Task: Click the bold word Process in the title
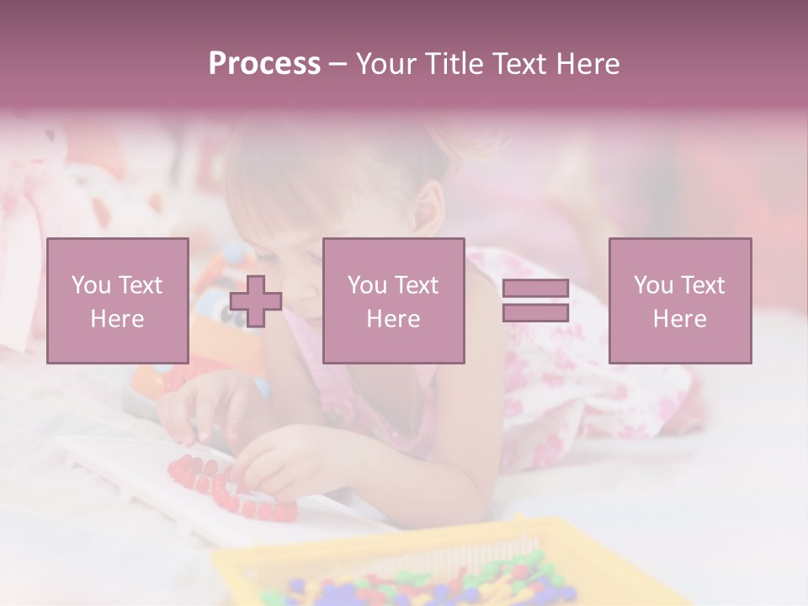coord(264,64)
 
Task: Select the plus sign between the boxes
coord(256,301)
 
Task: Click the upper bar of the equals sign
coord(535,288)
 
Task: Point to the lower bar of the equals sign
coord(535,313)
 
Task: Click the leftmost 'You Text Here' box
coord(118,300)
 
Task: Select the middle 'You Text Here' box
coord(393,300)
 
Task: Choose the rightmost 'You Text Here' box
coord(680,300)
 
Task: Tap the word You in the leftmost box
coord(90,285)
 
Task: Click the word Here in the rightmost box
coord(680,319)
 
